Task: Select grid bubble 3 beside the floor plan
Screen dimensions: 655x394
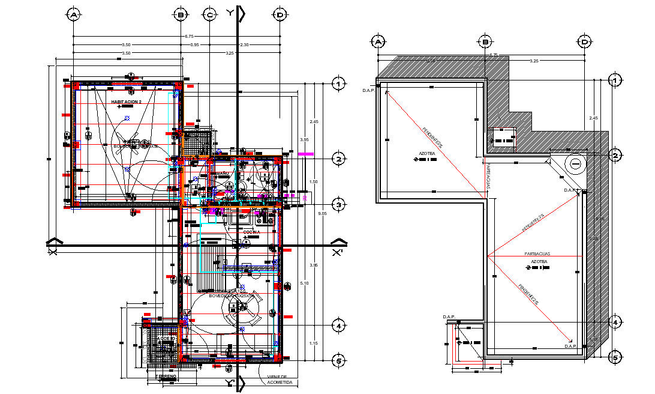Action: tap(339, 205)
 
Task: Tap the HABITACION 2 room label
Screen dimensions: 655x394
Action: tap(126, 102)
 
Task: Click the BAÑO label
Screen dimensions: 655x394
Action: tap(223, 173)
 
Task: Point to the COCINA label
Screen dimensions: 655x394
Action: tap(251, 231)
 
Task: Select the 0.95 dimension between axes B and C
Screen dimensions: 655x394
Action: tap(195, 45)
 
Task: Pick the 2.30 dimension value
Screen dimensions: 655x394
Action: tap(244, 45)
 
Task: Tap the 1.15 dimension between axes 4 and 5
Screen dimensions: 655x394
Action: tap(313, 343)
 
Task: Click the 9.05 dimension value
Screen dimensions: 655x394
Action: tap(323, 213)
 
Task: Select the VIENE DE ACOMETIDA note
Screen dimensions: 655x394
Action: tap(280, 380)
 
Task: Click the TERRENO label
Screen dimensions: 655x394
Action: tap(166, 376)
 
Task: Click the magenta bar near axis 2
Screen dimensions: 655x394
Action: tap(306, 154)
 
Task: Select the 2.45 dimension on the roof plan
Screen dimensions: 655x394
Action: tap(593, 118)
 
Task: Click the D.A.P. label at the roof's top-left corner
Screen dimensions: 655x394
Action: tap(368, 90)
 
